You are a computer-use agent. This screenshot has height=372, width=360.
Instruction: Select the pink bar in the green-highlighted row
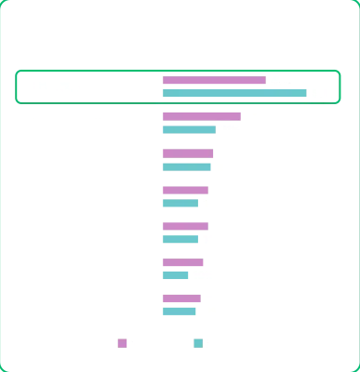(x=213, y=81)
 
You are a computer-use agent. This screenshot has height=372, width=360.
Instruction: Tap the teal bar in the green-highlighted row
(x=233, y=92)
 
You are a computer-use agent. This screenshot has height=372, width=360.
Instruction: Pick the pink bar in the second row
(x=201, y=117)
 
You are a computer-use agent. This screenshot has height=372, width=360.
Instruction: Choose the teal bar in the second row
(x=187, y=128)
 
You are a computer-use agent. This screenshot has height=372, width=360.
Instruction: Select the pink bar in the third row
(x=187, y=154)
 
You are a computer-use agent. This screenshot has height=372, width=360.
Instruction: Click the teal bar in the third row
(x=186, y=166)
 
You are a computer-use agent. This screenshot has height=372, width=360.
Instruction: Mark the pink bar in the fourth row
(x=183, y=192)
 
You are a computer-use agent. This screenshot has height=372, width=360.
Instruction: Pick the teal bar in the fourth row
(x=179, y=202)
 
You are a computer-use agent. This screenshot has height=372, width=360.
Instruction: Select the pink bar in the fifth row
(x=183, y=224)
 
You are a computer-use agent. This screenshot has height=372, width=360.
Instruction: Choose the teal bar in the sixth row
(x=175, y=275)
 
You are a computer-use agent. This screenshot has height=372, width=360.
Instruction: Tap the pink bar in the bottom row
(x=180, y=298)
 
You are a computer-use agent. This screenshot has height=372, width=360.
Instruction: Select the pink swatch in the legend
(x=119, y=342)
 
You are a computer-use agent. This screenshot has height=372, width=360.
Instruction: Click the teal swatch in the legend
(x=198, y=342)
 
